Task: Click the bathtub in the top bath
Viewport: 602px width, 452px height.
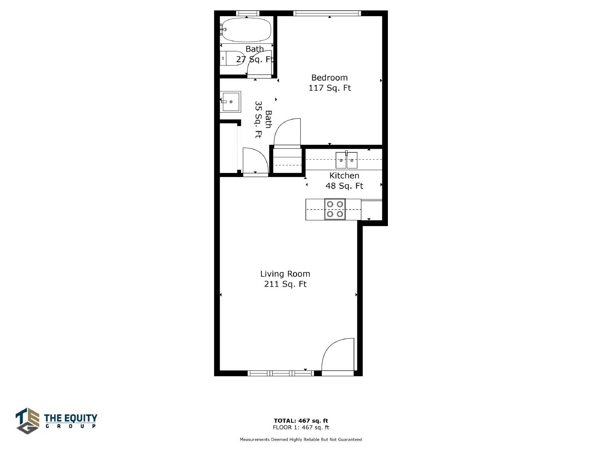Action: point(246,30)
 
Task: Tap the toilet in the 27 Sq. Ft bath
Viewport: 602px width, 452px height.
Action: point(232,58)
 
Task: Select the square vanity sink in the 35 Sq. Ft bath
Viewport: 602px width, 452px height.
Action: point(231,102)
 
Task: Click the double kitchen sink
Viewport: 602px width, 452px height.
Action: point(346,160)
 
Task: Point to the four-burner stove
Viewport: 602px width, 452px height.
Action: point(335,209)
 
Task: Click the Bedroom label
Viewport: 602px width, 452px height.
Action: point(329,78)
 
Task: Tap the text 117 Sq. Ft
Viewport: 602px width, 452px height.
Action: point(330,88)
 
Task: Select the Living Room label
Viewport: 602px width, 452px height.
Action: point(285,273)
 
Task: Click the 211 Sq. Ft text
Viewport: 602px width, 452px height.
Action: point(285,284)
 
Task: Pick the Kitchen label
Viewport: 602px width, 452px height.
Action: point(344,176)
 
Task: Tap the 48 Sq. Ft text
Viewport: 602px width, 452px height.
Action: point(344,186)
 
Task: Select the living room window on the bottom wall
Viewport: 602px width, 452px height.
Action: point(281,373)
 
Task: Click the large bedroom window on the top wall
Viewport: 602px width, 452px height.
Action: point(327,13)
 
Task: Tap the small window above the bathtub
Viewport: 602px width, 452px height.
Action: point(248,13)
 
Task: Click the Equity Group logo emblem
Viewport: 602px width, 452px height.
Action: point(27,421)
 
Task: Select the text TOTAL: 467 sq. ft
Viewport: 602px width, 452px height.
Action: point(301,421)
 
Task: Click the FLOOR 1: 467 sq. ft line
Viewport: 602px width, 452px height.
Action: point(301,427)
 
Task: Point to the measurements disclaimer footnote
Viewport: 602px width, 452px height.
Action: point(301,439)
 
